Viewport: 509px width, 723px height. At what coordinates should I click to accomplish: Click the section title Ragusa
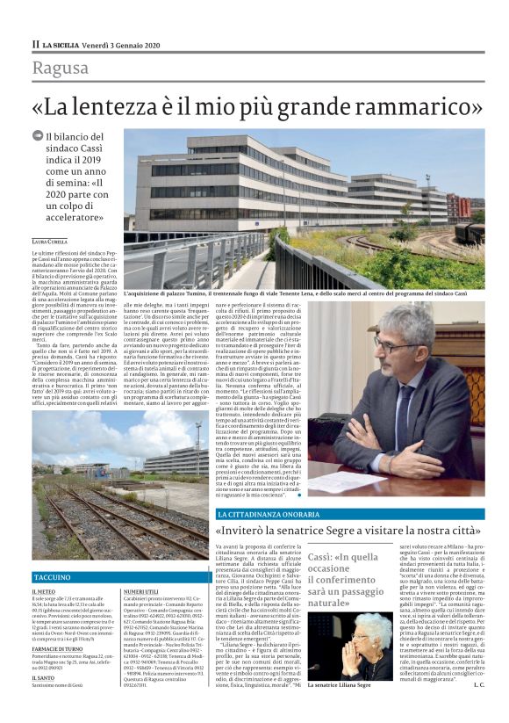(x=61, y=69)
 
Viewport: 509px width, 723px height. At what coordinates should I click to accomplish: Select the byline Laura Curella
(x=51, y=240)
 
